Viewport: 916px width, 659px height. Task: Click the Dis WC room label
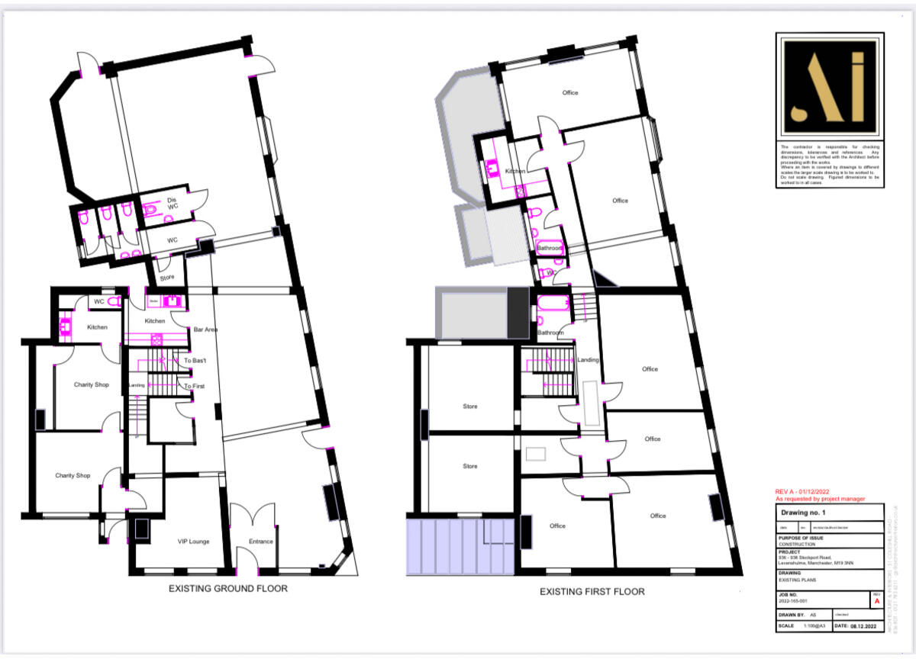[x=173, y=204]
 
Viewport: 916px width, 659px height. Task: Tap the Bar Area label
[x=206, y=329]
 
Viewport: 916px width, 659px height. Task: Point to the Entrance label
[x=260, y=542]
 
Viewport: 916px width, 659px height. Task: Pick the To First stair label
[x=194, y=386]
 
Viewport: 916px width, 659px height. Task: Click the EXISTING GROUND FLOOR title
[x=228, y=588]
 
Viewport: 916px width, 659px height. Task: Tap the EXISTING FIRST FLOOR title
[x=592, y=591]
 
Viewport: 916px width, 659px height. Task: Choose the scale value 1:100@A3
[x=811, y=625]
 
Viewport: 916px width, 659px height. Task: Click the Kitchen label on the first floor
[x=516, y=172]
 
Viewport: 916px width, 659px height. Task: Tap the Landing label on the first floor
[x=589, y=360]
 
